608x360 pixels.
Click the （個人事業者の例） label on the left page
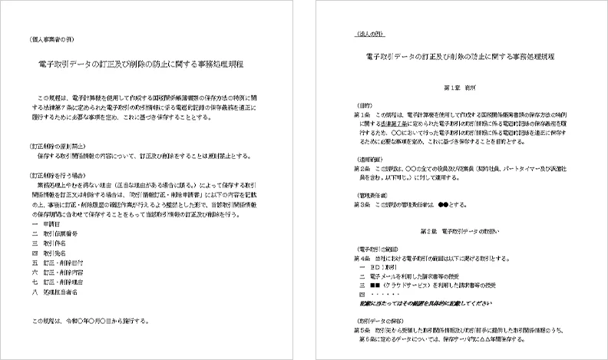pyautogui.click(x=48, y=38)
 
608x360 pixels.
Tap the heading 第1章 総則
pyautogui.click(x=457, y=88)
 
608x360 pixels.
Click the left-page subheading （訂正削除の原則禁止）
pyautogui.click(x=55, y=144)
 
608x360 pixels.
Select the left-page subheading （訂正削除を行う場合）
pyautogui.click(x=53, y=175)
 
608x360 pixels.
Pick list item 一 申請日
pyautogui.click(x=45, y=223)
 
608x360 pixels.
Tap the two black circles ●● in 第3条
pyautogui.click(x=442, y=205)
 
